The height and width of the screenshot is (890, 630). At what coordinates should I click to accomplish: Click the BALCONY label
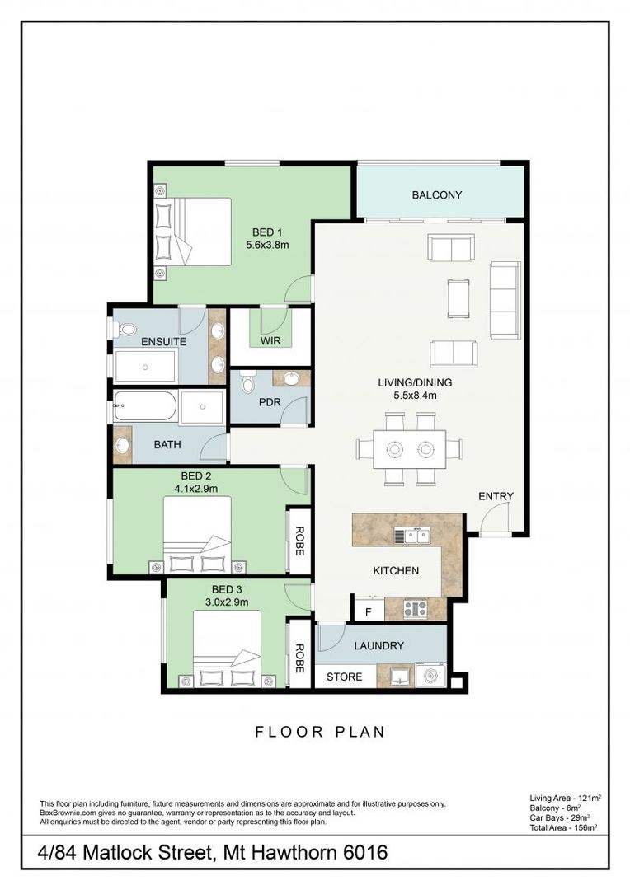436,195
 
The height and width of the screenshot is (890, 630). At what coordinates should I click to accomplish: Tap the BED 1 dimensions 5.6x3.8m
267,245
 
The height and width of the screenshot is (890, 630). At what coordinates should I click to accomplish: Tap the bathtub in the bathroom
145,406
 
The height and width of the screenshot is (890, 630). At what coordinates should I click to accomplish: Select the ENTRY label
496,496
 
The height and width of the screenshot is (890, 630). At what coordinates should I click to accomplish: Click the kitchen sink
411,536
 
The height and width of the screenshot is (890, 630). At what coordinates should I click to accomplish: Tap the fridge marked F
367,611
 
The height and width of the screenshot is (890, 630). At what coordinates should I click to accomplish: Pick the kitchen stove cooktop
414,610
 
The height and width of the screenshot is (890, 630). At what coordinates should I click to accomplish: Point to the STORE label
344,677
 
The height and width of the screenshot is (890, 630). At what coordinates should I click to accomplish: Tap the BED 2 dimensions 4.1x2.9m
196,488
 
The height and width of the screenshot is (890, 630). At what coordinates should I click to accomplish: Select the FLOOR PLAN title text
320,731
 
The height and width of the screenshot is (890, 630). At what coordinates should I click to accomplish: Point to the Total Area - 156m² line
562,827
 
